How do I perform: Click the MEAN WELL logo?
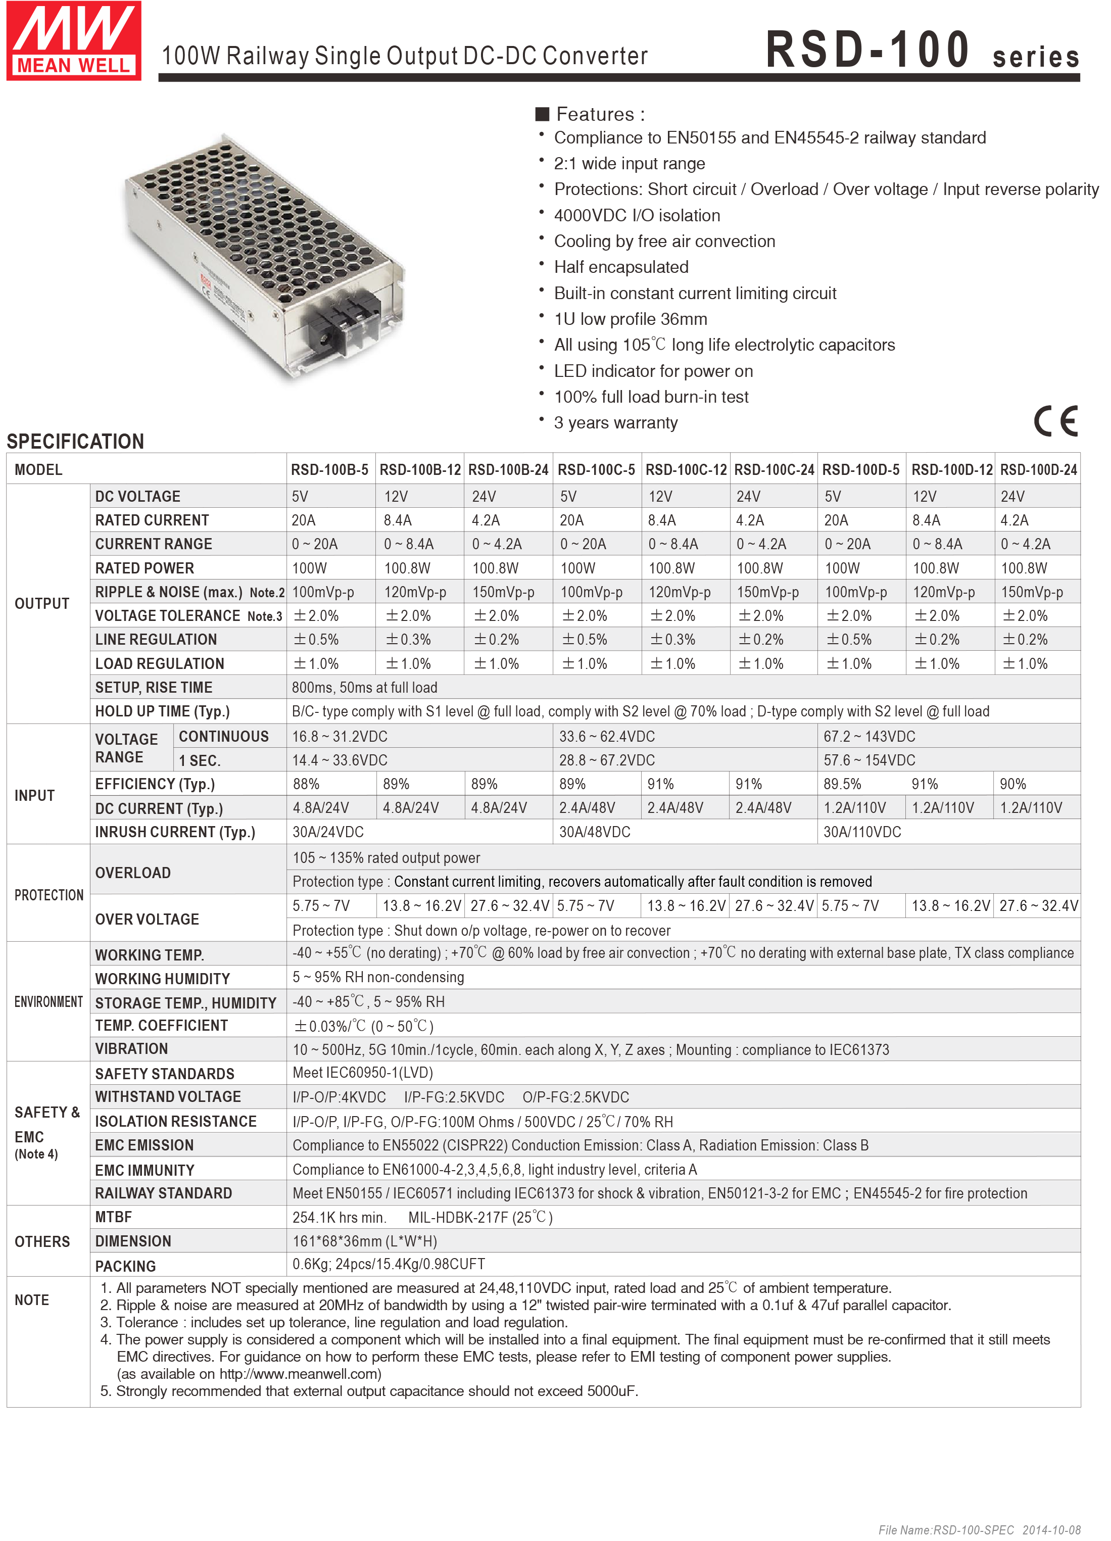[73, 41]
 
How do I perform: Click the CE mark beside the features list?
[1055, 422]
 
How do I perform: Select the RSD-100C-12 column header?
[686, 469]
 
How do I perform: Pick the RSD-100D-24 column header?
[1038, 469]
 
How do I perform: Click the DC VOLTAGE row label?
[138, 497]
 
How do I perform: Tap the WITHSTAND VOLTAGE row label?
[168, 1097]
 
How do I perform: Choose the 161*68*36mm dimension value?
[365, 1241]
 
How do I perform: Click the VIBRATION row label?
[132, 1048]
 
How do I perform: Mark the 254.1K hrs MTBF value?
[339, 1217]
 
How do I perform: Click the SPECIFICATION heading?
[75, 442]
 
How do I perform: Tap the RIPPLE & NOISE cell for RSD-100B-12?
[415, 592]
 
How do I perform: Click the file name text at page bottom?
[979, 1529]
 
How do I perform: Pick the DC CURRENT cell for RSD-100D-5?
[855, 808]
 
